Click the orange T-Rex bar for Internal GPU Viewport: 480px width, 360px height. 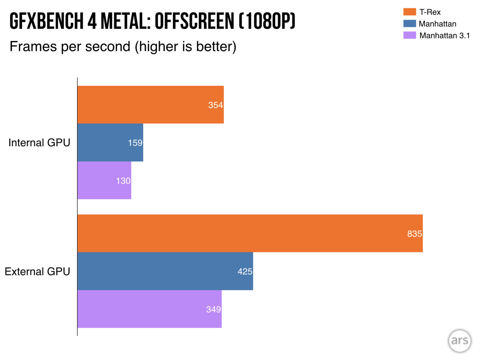[150, 105]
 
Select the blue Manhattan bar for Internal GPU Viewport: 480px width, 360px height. [110, 143]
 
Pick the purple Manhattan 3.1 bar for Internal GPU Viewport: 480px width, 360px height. [104, 181]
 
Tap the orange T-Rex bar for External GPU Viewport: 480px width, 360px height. [250, 233]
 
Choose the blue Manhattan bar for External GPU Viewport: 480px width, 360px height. [165, 271]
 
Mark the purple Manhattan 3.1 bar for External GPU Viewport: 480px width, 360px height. [149, 309]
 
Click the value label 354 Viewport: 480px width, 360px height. [215, 105]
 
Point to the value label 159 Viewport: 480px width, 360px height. [135, 143]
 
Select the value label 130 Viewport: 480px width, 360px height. [123, 181]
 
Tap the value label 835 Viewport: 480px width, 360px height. [414, 234]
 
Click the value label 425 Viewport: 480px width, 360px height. [245, 272]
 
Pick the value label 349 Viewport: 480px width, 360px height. [213, 309]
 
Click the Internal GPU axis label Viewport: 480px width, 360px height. [39, 143]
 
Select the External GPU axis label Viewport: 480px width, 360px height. [37, 272]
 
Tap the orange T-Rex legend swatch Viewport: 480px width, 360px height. [410, 12]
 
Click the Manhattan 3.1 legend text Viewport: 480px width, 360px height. [444, 36]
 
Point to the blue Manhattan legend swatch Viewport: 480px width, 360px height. [410, 24]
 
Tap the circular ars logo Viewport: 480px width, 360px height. [460, 341]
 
